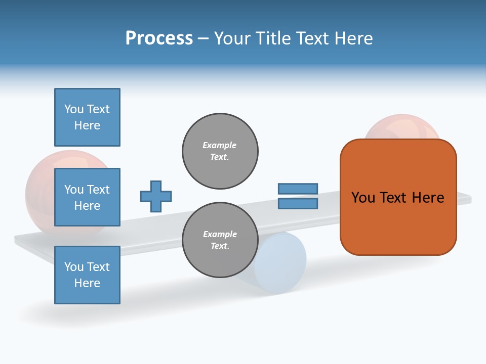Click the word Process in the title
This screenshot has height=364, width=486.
(x=159, y=38)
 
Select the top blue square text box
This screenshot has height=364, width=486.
(x=87, y=117)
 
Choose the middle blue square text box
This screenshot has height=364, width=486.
(x=87, y=197)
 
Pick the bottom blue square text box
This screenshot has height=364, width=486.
(x=87, y=275)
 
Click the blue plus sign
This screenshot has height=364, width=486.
(x=156, y=196)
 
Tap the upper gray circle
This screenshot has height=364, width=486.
(x=220, y=151)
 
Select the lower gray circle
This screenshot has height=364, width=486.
(x=220, y=240)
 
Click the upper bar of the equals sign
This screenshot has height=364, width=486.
(x=298, y=189)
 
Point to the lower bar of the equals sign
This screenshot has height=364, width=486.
(x=298, y=203)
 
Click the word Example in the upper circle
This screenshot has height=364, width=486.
(x=219, y=145)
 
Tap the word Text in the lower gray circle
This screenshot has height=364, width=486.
(x=220, y=246)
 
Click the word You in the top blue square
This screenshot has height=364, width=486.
(x=73, y=109)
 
